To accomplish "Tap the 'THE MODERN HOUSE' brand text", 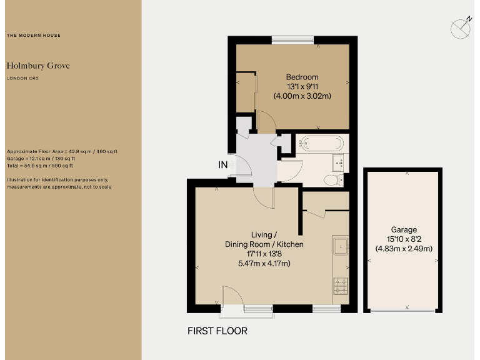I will (34, 36).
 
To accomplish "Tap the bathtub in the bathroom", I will (320, 144).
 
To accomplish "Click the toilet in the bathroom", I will (332, 180).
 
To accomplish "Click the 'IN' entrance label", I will (222, 165).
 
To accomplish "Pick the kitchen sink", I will (341, 246).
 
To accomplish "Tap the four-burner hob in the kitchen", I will (341, 286).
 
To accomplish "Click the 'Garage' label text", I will (404, 230).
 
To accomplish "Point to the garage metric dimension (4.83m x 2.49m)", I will (404, 248).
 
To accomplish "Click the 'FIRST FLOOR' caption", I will (217, 331).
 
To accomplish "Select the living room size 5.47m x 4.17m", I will (264, 263).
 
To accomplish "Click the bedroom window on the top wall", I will (292, 41).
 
